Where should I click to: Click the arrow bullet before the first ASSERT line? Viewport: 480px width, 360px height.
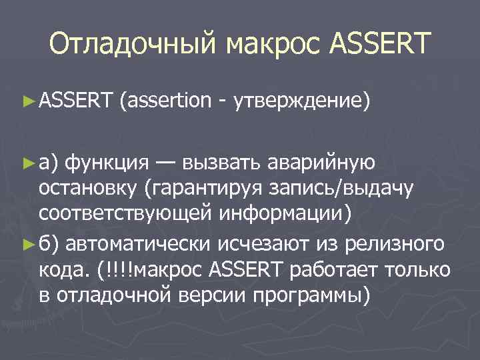(27, 101)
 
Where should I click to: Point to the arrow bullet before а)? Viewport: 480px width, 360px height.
(27, 162)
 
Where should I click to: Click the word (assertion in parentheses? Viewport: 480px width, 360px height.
(164, 101)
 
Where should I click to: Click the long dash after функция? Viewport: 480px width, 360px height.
(168, 162)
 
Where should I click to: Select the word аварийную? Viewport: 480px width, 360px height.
(323, 162)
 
